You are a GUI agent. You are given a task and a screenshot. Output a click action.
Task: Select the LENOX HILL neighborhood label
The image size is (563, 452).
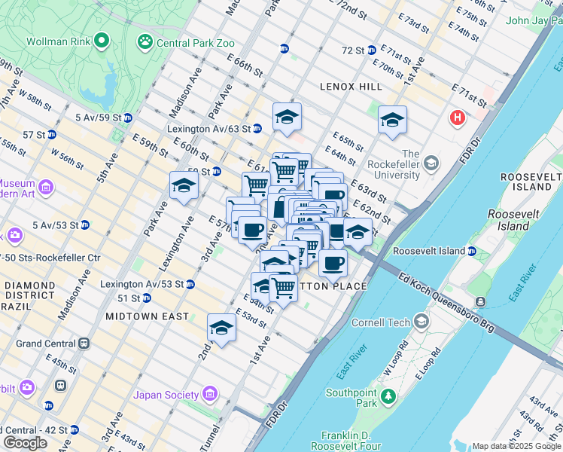point(350,87)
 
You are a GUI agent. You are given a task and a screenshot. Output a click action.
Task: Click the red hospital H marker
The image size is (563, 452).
point(457,118)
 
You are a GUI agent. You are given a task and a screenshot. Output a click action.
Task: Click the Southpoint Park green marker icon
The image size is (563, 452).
point(388,395)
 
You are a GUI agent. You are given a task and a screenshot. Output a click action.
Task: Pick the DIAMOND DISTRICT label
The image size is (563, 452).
point(28,291)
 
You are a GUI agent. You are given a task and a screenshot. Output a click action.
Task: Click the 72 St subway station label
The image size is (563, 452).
point(353,50)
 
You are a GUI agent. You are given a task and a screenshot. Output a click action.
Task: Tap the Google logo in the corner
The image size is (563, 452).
point(26,442)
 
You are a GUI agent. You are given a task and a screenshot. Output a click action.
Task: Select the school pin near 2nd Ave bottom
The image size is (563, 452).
point(221,327)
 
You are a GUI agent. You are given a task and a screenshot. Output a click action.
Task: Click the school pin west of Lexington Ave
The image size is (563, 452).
point(183,185)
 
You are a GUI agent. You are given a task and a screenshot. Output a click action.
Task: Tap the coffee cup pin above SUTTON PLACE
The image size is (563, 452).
point(332,263)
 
